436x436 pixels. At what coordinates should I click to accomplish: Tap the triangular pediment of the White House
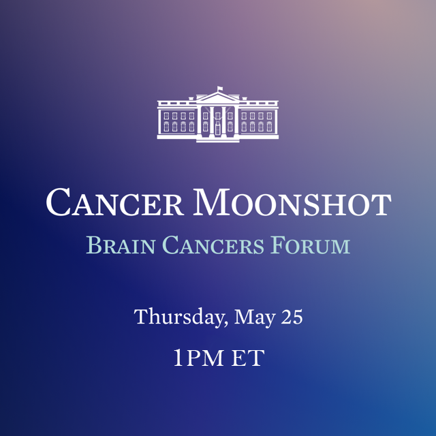tap(218, 98)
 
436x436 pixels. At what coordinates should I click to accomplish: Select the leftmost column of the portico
tap(201, 121)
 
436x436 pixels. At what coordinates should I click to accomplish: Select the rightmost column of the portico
tap(235, 121)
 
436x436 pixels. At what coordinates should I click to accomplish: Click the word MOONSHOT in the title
tap(292, 202)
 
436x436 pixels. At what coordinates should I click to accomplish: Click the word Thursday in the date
tap(179, 317)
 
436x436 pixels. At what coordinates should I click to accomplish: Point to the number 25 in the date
tap(290, 317)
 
